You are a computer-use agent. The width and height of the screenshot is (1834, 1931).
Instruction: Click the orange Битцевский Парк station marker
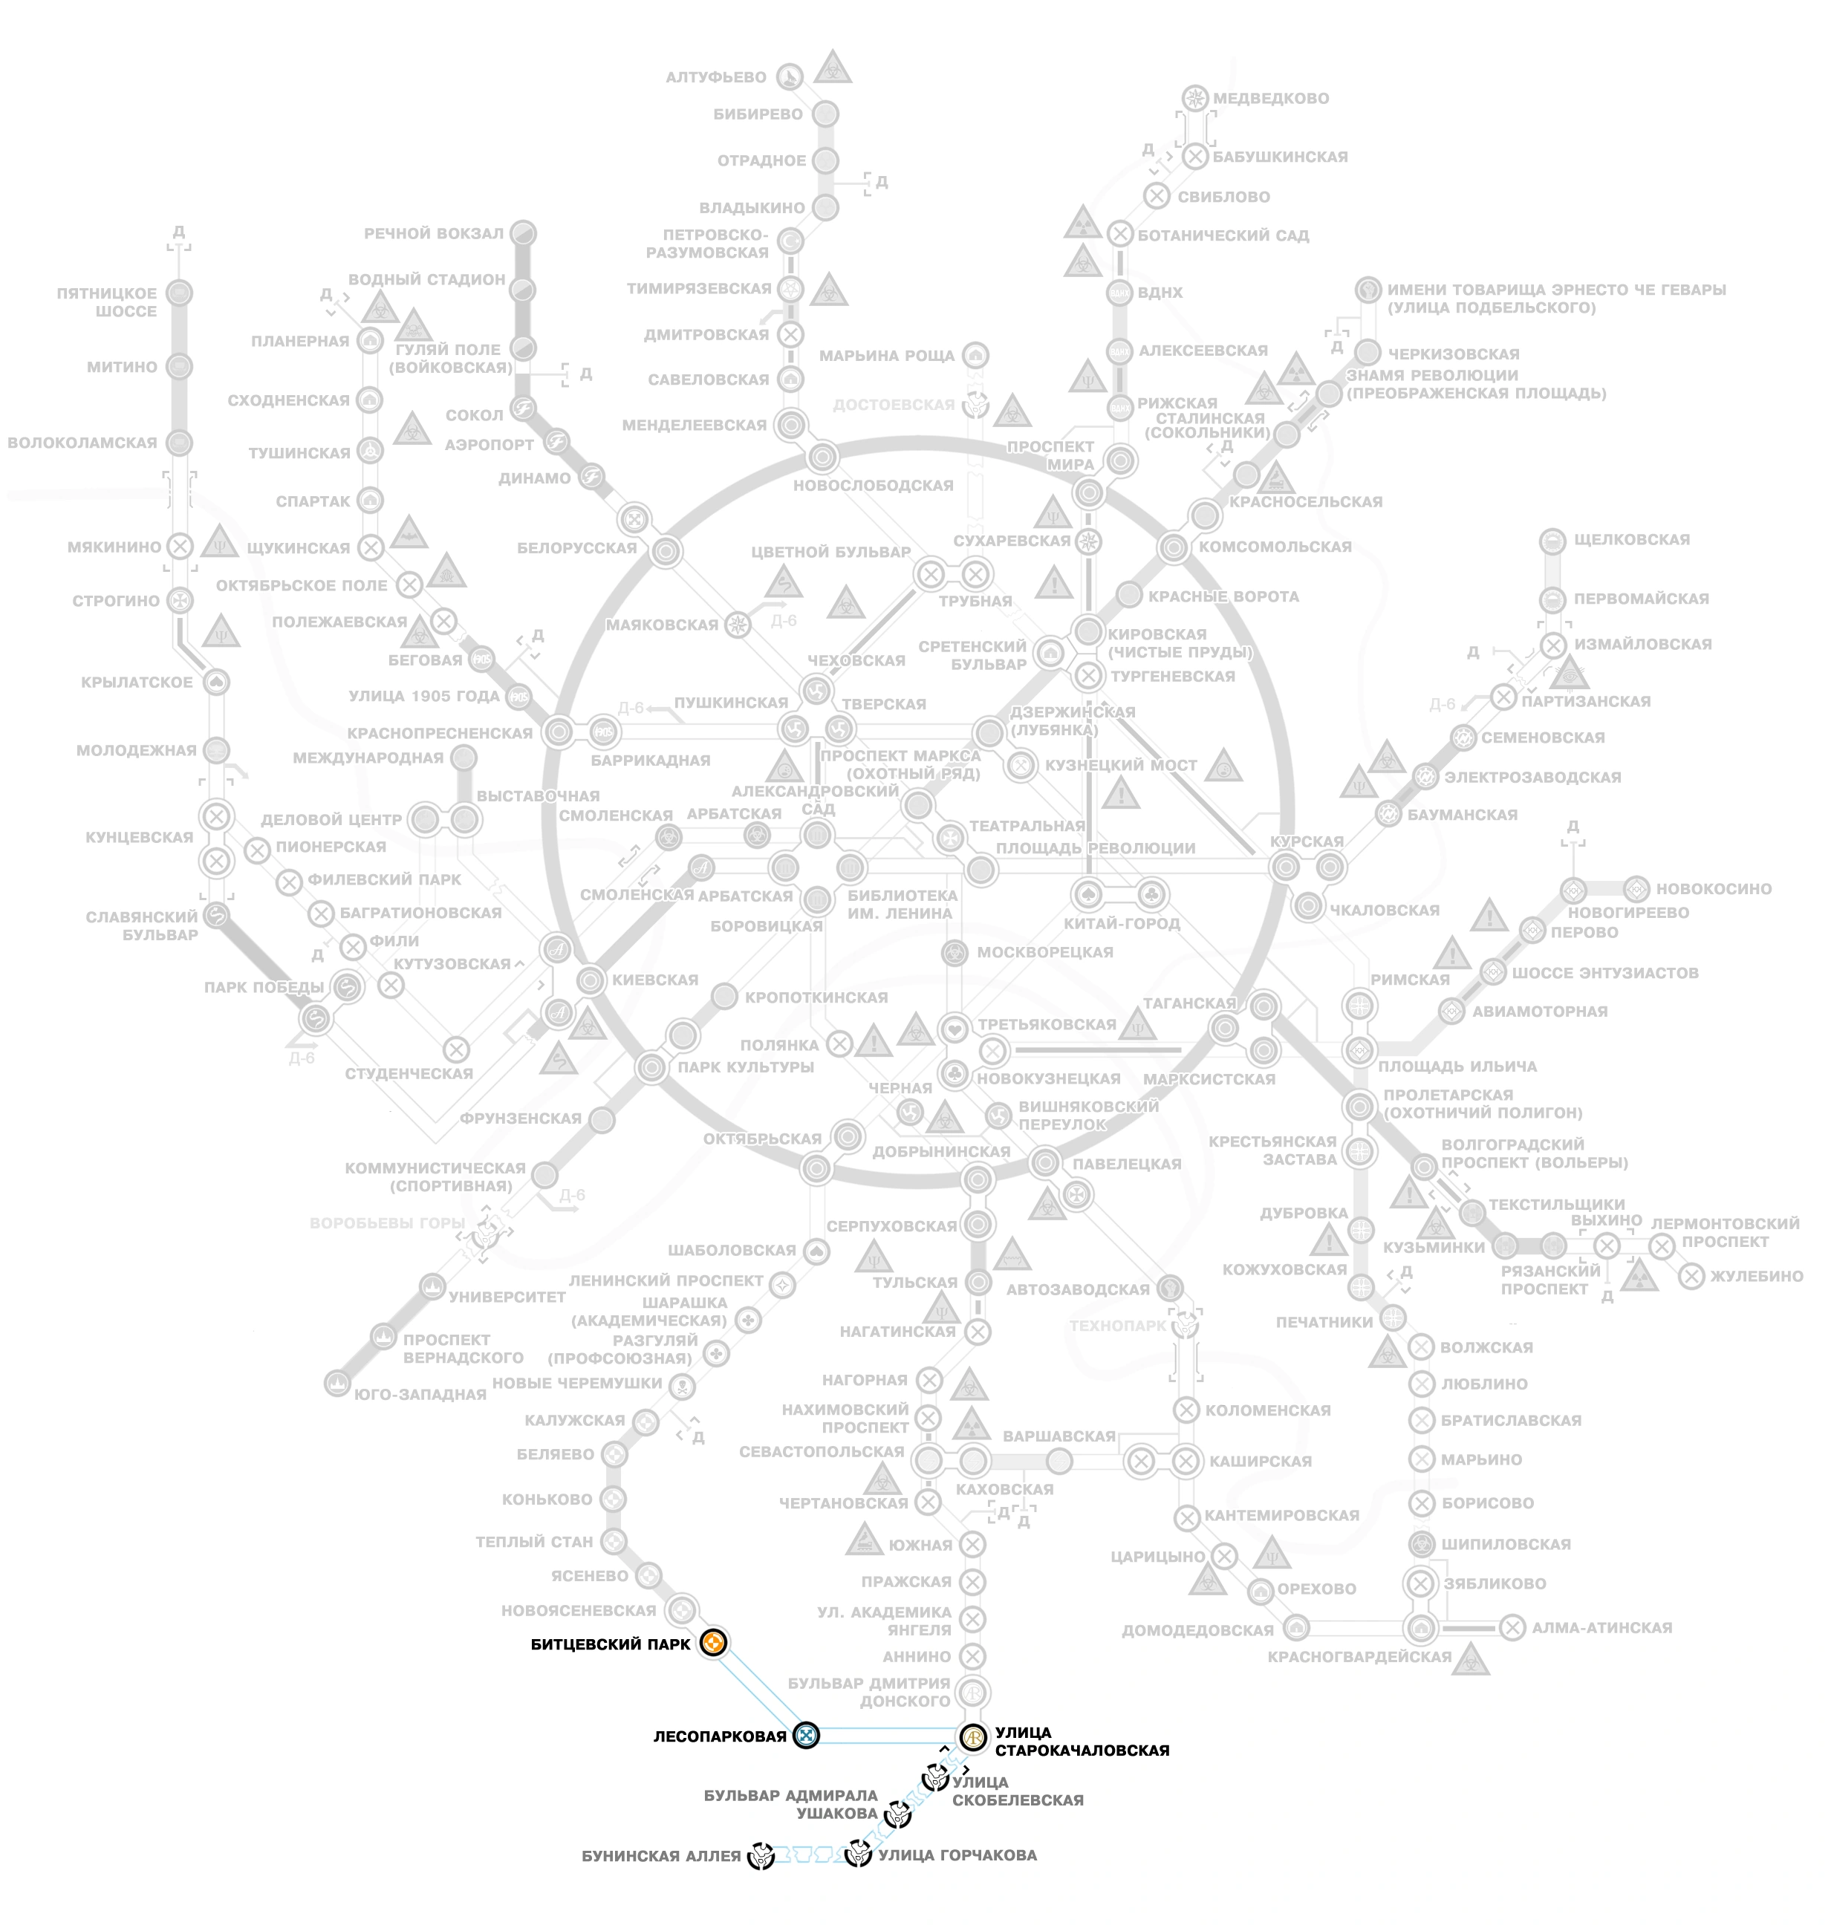tap(715, 1643)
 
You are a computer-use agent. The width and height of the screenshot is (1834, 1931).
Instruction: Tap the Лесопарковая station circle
tap(805, 1735)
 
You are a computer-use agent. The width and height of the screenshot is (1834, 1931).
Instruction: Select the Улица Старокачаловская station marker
tap(974, 1736)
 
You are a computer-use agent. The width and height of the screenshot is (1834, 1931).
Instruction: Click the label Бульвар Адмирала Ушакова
tap(791, 1804)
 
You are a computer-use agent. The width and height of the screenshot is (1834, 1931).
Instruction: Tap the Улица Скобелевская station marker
tap(936, 1777)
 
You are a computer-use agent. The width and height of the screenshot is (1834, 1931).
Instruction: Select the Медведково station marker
tap(1194, 98)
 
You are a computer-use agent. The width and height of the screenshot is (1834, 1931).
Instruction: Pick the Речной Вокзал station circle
tap(524, 232)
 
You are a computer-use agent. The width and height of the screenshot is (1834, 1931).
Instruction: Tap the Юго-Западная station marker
tap(337, 1383)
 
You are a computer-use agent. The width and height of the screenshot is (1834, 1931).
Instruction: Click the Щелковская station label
tap(1632, 539)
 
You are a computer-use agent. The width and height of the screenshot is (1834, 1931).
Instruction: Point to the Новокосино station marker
tap(1636, 888)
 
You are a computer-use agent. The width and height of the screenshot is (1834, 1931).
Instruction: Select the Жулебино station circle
tap(1692, 1275)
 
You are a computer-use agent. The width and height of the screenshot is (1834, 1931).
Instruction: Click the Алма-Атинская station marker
tap(1512, 1627)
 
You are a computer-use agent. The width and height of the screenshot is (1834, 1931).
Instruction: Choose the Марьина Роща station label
tap(887, 356)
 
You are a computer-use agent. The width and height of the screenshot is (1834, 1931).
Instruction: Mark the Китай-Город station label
tap(1122, 922)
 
